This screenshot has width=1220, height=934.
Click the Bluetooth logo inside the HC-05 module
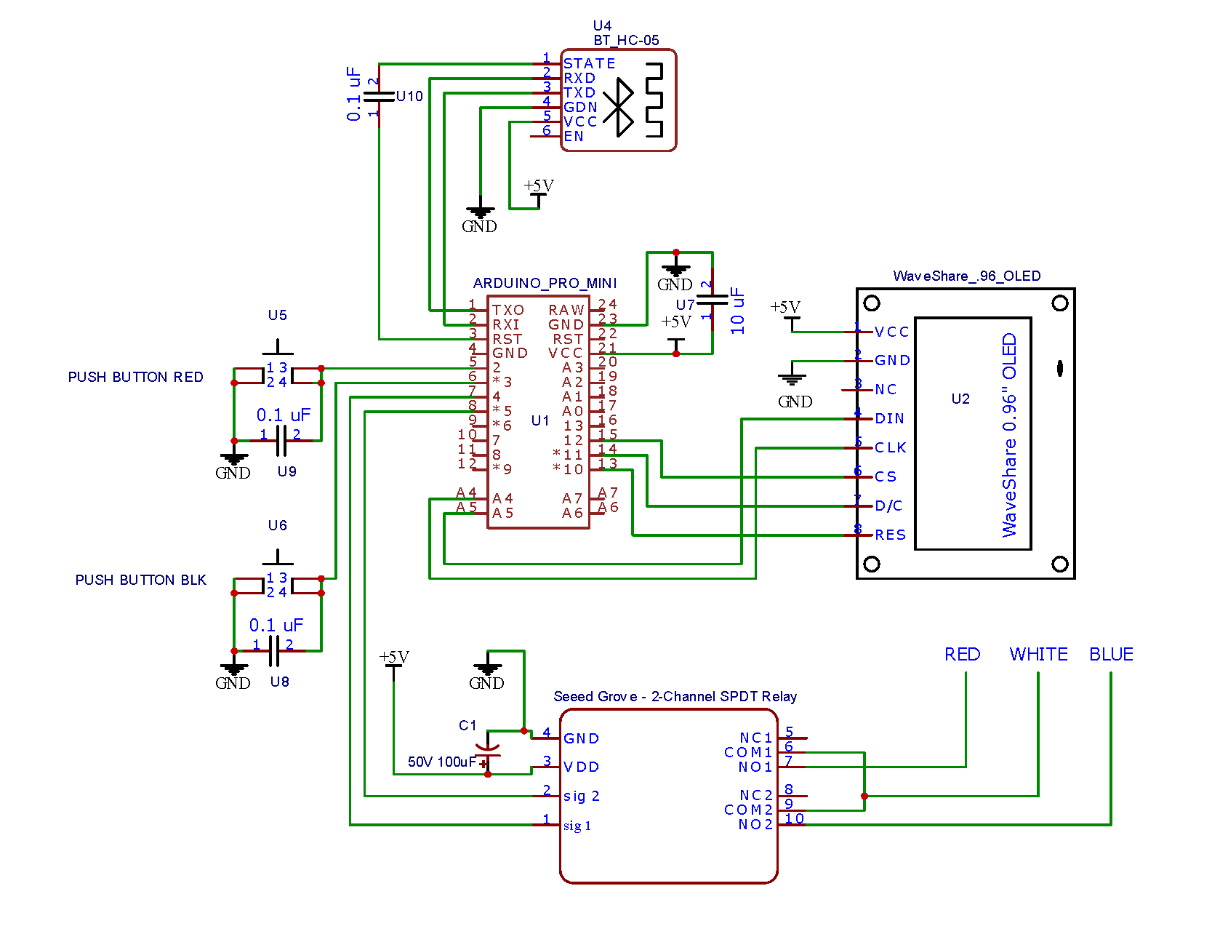pos(619,107)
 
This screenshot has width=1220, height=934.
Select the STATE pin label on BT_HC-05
pos(589,64)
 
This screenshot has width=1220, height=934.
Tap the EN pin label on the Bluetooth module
pos(574,136)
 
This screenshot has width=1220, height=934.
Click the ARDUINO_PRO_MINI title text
pos(545,283)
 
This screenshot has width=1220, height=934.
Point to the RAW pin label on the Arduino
pos(566,311)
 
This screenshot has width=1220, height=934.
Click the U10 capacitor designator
pos(409,96)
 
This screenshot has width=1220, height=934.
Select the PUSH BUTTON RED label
pos(135,377)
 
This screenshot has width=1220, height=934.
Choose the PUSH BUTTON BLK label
pos(140,580)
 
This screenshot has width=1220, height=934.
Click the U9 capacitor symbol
pos(281,441)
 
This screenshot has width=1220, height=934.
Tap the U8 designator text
pos(279,682)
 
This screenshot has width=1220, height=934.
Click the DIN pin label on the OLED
pos(889,418)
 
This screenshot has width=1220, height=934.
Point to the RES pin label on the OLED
pos(890,535)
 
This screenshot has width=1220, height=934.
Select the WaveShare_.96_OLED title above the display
pos(966,276)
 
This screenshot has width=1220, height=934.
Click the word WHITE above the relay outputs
pos(1038,654)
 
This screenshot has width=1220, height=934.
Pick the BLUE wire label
pos(1111,654)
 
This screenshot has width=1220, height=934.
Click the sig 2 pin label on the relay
pos(581,796)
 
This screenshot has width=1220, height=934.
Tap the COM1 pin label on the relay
pos(748,752)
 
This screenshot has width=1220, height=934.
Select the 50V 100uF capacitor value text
pos(441,762)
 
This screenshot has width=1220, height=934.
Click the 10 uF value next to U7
pos(738,311)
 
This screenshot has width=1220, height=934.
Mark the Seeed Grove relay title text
pos(675,696)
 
